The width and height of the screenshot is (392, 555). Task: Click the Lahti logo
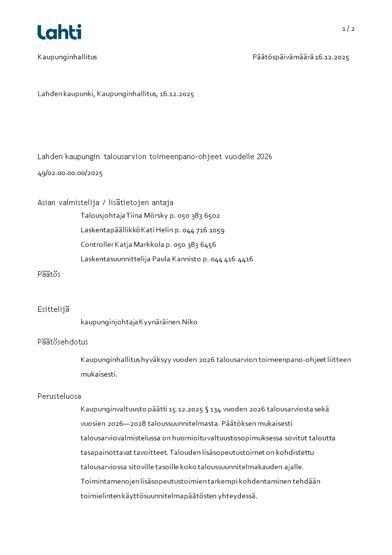pos(59,32)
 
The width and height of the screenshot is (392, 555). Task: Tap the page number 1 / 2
pos(348,29)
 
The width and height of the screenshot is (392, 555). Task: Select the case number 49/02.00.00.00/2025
pos(70,173)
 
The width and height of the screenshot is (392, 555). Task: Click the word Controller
pos(97,245)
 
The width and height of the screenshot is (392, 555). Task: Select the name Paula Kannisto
pos(175,259)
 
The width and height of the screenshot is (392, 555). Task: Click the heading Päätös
pos(49,274)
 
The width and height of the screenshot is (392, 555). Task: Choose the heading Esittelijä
pos(53,309)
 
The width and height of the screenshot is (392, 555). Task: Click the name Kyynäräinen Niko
pos(168,322)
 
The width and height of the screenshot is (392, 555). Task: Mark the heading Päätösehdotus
pos(63,342)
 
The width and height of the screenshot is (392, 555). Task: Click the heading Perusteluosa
pos(59,396)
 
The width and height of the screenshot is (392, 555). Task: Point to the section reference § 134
pos(212,409)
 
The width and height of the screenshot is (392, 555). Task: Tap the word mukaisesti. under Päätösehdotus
pos(99,375)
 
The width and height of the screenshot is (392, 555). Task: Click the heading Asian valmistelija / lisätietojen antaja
pos(105,203)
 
